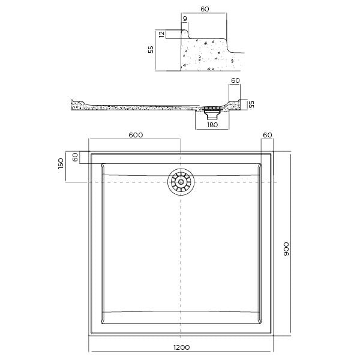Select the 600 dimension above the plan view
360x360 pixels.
(136, 135)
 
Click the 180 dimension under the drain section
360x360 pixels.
(212, 124)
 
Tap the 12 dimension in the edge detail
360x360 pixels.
(161, 35)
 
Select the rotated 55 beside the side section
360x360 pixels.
(251, 105)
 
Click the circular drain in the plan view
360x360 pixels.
(181, 182)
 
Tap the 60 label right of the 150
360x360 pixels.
(75, 157)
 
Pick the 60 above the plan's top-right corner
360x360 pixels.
(268, 135)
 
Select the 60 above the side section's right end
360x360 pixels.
(235, 80)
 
